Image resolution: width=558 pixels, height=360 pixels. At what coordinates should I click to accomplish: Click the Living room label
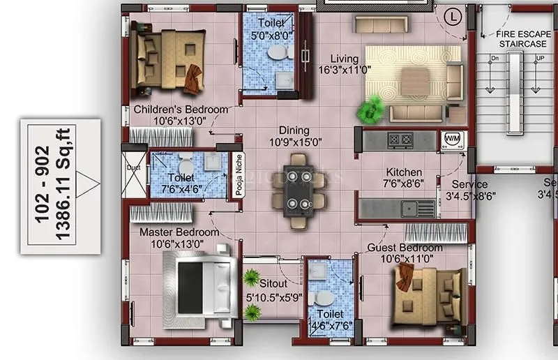click(345, 59)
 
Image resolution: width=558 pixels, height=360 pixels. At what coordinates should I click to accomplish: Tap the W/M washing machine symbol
click(449, 140)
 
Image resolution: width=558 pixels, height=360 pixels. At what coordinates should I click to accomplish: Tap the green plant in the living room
click(370, 109)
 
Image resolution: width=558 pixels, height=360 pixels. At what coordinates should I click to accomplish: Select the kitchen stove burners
click(401, 140)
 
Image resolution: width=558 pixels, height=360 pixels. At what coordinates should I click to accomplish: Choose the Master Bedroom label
click(179, 232)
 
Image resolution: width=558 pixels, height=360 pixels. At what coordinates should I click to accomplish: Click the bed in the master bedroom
click(199, 283)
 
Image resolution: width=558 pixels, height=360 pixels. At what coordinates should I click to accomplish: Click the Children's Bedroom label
click(181, 110)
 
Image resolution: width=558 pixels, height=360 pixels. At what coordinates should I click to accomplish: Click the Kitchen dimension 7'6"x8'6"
click(403, 184)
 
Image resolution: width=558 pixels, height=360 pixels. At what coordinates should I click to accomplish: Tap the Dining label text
click(294, 130)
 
